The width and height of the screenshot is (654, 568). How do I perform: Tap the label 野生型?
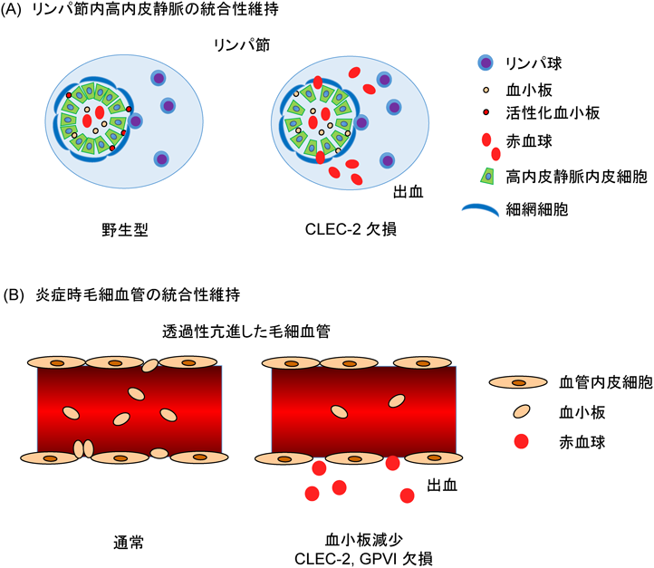pyautogui.click(x=126, y=230)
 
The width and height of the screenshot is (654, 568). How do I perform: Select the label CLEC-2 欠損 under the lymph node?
pyautogui.click(x=343, y=230)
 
